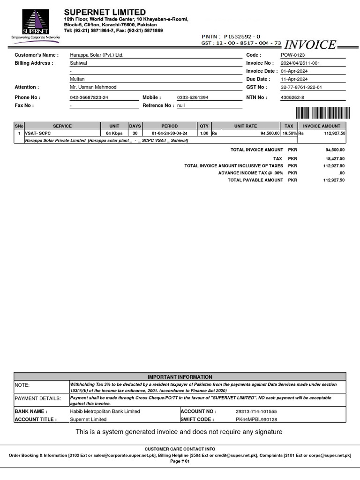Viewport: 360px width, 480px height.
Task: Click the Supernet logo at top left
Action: tap(35, 26)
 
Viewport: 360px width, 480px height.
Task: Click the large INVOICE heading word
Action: tap(310, 45)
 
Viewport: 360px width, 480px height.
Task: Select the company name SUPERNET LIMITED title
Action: tap(105, 12)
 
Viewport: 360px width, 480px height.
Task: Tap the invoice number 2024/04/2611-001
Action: tap(300, 63)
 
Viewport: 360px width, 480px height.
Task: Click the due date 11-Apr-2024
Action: tap(294, 79)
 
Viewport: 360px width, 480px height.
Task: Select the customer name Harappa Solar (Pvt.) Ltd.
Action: tap(97, 55)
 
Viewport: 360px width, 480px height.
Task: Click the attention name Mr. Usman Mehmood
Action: tap(93, 87)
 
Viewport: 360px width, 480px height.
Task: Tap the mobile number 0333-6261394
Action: tap(193, 97)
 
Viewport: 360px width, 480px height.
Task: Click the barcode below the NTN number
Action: tap(322, 112)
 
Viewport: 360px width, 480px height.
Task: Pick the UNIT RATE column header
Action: tap(246, 126)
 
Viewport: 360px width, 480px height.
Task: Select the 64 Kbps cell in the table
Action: tap(114, 133)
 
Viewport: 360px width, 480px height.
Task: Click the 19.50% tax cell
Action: tap(289, 133)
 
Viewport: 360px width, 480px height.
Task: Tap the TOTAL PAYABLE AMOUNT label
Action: tap(255, 180)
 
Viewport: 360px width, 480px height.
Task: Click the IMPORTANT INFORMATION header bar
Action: tap(180, 377)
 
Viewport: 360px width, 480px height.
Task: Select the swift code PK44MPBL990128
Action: tap(256, 420)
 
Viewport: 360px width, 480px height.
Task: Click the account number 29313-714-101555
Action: tap(256, 411)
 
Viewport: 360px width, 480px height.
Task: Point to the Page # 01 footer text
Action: tap(180, 461)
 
